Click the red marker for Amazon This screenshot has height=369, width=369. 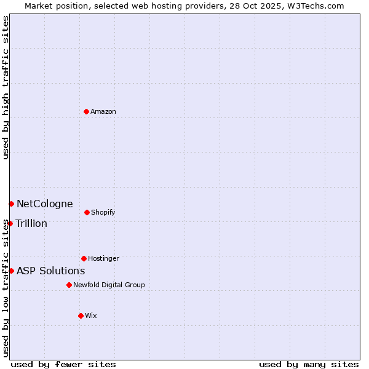[86, 111]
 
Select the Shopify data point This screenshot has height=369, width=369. [87, 212]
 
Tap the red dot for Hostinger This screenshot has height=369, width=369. [84, 258]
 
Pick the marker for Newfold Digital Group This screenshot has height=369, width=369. [69, 285]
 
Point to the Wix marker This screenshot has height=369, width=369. [81, 315]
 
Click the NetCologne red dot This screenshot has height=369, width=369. [11, 204]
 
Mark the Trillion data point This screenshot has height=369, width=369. [10, 223]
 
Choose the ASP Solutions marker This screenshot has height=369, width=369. [11, 271]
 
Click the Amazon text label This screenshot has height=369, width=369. [103, 112]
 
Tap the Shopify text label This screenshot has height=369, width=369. [103, 213]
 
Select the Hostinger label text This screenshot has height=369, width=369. [103, 259]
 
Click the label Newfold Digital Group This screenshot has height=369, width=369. [109, 285]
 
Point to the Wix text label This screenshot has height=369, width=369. [91, 316]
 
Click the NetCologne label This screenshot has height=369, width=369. [44, 204]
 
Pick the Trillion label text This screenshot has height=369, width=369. [31, 224]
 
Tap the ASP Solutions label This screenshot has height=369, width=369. [50, 271]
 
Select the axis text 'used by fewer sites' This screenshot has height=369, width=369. [63, 364]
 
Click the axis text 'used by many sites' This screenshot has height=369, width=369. [309, 364]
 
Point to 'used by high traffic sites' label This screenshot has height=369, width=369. [6, 87]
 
